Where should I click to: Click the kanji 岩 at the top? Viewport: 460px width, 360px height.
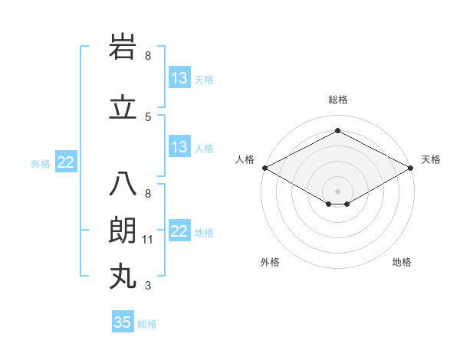click(123, 48)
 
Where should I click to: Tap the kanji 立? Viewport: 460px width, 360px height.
click(123, 108)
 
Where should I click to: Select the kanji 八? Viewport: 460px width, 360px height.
click(123, 185)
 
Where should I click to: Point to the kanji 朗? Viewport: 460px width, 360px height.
click(123, 231)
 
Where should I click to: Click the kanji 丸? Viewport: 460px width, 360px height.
click(123, 277)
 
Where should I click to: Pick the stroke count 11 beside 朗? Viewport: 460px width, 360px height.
click(148, 240)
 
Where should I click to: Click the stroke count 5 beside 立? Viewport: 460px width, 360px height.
click(148, 116)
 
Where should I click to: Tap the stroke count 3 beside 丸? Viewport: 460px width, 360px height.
click(148, 286)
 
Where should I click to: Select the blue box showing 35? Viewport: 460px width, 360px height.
click(123, 322)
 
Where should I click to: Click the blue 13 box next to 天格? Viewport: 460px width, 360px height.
click(179, 78)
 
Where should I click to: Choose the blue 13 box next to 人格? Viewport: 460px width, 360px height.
click(179, 147)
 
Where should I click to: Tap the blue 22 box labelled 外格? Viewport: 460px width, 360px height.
click(66, 162)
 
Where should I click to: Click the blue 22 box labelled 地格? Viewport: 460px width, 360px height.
click(179, 231)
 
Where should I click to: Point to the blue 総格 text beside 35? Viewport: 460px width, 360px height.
click(147, 324)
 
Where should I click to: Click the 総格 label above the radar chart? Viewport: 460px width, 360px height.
click(337, 100)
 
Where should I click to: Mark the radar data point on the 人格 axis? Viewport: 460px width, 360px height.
click(264, 168)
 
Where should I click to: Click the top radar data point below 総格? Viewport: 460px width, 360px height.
click(337, 131)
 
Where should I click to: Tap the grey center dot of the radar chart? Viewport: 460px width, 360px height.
click(337, 190)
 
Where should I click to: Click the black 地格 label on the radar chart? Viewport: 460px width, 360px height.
click(402, 262)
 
